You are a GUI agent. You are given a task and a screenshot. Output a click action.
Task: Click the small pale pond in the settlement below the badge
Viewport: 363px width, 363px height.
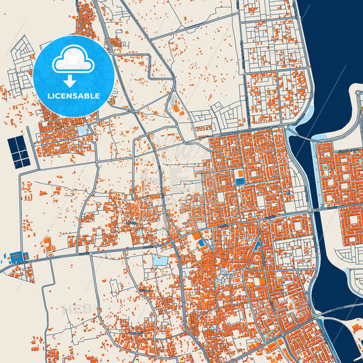[82, 130]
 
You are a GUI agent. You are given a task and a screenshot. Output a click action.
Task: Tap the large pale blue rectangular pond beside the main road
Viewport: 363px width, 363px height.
[160, 260]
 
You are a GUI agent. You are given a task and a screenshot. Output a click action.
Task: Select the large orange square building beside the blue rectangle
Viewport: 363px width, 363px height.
[197, 236]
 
